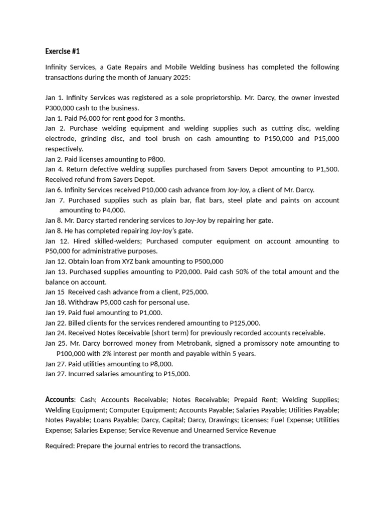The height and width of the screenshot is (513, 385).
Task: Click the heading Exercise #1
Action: [x=63, y=51]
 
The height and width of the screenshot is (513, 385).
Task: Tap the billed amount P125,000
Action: [x=244, y=323]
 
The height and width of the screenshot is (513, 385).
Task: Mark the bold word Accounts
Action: [x=59, y=399]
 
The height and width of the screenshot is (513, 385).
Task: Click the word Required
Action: [x=60, y=445]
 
